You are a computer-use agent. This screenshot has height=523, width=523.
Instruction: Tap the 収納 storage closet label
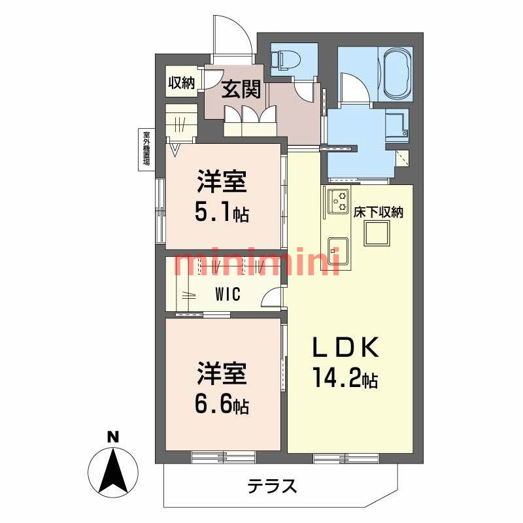[x=181, y=82]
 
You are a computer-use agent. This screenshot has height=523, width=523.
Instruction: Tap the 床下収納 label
[x=378, y=212]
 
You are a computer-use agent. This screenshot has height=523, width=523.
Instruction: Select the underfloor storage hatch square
[x=377, y=233]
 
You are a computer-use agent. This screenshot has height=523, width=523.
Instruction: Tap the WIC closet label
[x=228, y=294]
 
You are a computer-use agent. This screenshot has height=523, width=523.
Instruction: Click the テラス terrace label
[x=272, y=486]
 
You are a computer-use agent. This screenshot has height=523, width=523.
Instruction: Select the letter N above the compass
[x=112, y=437]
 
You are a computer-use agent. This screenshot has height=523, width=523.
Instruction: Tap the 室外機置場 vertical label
[x=146, y=149]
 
